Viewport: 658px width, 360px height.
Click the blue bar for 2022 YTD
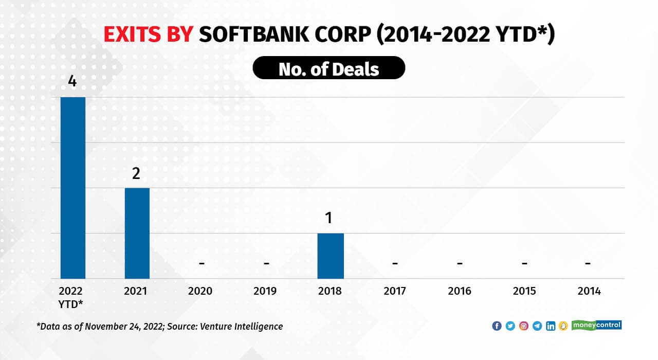(x=73, y=188)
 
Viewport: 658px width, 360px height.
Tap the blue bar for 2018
(x=330, y=256)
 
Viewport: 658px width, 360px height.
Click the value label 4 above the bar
(x=72, y=82)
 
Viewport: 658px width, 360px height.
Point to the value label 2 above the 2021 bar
(x=136, y=173)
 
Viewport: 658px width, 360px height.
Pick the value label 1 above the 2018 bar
(x=330, y=218)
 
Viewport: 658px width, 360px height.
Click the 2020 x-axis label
(x=200, y=291)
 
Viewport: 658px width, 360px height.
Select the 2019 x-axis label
(x=265, y=291)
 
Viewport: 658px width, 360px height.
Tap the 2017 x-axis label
(x=395, y=291)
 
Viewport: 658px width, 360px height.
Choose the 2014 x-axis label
(x=589, y=291)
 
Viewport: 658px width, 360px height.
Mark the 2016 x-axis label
(x=459, y=291)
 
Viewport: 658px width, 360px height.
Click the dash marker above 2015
(x=524, y=263)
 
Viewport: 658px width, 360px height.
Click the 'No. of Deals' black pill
(x=329, y=68)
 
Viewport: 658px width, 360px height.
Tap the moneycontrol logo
(x=597, y=325)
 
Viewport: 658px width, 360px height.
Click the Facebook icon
(x=497, y=326)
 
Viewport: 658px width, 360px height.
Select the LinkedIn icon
(x=551, y=326)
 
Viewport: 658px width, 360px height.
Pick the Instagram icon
(x=524, y=326)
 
